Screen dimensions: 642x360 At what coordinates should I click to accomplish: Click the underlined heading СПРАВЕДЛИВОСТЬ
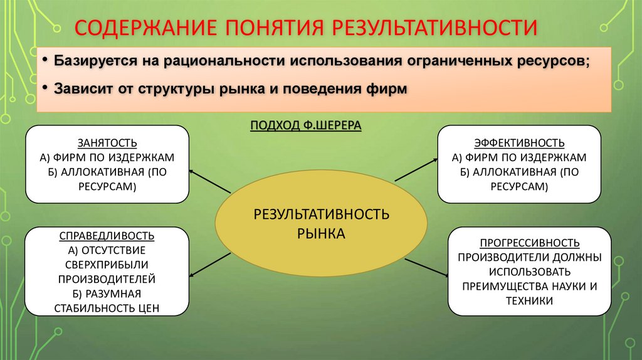[107, 236]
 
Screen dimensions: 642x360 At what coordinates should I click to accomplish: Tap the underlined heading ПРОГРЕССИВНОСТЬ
[529, 243]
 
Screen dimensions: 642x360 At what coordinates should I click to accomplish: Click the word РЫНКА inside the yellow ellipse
[321, 233]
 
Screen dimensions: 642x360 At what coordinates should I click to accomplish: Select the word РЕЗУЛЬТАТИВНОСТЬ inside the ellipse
[321, 214]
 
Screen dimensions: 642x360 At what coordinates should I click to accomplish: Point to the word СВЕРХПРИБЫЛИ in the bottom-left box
[107, 264]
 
